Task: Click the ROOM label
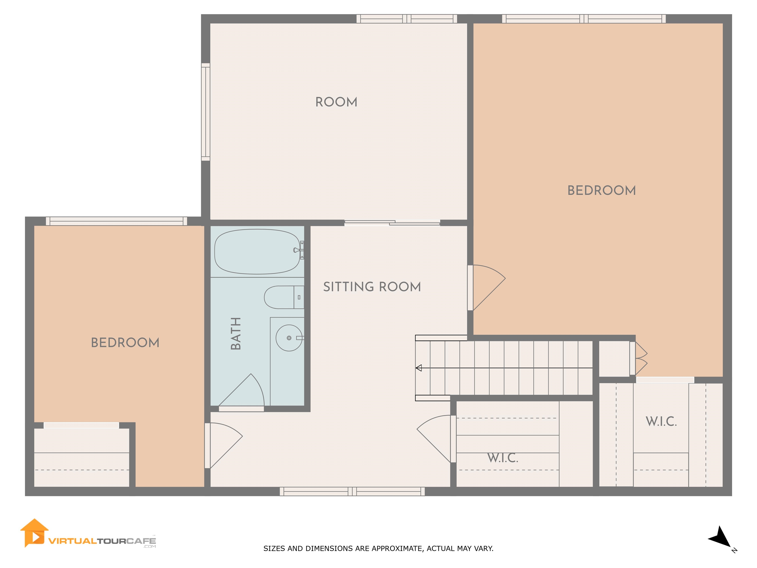(x=336, y=102)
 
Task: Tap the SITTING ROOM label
(x=372, y=287)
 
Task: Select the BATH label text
(x=236, y=334)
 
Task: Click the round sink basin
(x=289, y=338)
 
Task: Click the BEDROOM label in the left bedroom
(x=125, y=343)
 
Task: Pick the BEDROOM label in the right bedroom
(x=601, y=191)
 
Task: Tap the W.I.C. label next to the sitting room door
(x=503, y=458)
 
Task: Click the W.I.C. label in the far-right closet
(x=661, y=422)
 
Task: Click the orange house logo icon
(x=34, y=533)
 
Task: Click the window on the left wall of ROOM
(x=205, y=112)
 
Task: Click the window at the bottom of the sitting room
(x=352, y=491)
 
